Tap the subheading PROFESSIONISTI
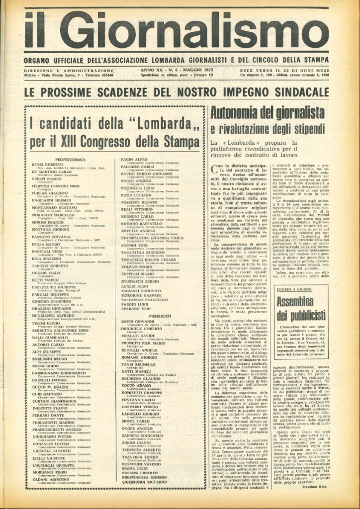[x=71, y=160]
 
